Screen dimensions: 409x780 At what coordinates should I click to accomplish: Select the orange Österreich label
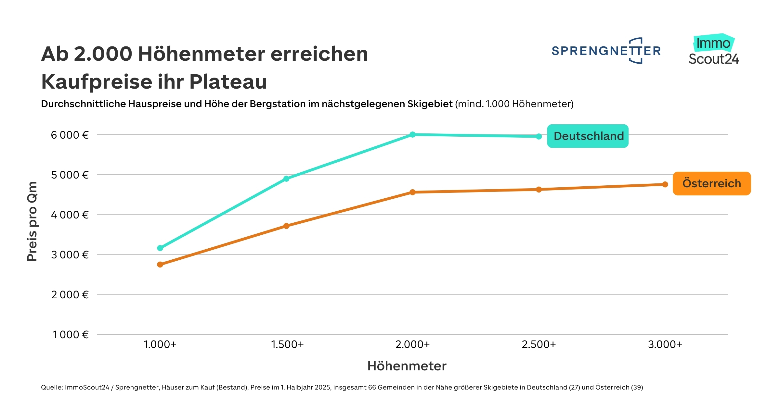click(711, 183)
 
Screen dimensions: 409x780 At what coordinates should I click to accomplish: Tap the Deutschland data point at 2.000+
click(412, 134)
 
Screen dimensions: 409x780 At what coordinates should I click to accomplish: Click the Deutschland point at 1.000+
click(160, 248)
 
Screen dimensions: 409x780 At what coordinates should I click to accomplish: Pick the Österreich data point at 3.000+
click(665, 184)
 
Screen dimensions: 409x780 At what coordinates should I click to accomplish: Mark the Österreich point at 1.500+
click(286, 226)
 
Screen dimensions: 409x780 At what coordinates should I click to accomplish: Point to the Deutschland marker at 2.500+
click(539, 137)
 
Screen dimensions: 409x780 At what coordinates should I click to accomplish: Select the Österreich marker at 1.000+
click(160, 265)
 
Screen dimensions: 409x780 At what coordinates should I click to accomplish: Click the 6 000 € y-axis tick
click(70, 135)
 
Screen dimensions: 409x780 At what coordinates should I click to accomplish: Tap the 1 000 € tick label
click(71, 335)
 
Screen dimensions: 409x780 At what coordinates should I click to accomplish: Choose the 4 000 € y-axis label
click(70, 215)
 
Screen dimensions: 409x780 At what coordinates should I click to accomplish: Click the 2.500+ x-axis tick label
click(539, 344)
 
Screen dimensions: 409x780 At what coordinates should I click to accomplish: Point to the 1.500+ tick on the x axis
click(287, 344)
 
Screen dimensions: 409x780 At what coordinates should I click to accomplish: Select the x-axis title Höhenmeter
click(407, 366)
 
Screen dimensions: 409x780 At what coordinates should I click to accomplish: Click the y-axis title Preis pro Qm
click(32, 221)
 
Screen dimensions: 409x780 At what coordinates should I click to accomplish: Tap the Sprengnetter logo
click(606, 51)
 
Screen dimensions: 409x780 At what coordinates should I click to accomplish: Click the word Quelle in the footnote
click(51, 387)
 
